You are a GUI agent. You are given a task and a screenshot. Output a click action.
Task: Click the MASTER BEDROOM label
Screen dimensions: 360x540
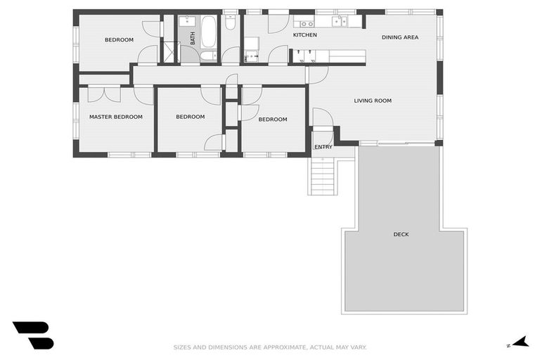click(115, 117)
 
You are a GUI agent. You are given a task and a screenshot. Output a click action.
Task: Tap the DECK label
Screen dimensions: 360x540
click(401, 234)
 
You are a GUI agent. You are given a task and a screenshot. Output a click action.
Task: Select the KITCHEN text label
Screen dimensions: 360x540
click(305, 34)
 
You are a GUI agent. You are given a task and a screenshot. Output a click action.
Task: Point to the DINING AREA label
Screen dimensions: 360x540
click(400, 37)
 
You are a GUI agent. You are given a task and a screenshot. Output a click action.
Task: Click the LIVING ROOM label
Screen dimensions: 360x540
click(373, 101)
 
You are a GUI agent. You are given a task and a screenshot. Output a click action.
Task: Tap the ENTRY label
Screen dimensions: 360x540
click(323, 147)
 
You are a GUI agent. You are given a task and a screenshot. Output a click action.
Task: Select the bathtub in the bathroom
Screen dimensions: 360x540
click(209, 32)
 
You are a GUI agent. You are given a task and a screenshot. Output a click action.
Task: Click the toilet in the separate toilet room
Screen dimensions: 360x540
click(231, 23)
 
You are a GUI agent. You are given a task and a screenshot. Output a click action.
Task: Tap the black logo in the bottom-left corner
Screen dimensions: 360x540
click(32, 335)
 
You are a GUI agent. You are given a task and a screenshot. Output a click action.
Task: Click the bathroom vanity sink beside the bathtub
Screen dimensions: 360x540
click(186, 21)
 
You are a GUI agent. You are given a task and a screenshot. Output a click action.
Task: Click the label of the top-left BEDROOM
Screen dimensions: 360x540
click(119, 40)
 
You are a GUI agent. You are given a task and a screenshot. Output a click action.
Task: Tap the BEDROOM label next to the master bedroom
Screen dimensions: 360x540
click(190, 117)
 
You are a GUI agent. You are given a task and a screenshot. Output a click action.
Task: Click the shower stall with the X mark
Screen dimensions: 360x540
click(169, 53)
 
